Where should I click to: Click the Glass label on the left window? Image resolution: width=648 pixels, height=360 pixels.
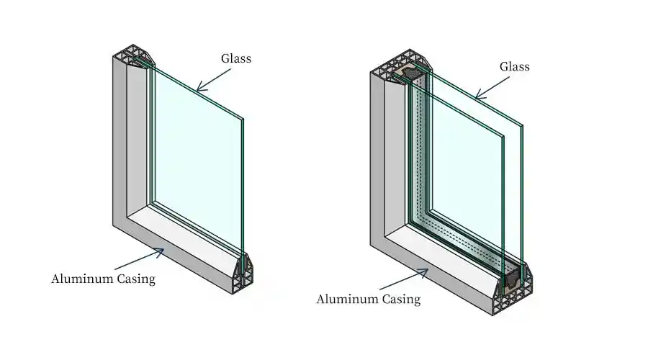(x=235, y=59)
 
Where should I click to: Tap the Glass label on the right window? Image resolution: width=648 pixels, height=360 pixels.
(x=514, y=67)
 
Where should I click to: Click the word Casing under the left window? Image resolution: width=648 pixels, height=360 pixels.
(x=135, y=279)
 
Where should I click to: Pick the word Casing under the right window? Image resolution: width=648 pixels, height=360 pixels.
(x=401, y=299)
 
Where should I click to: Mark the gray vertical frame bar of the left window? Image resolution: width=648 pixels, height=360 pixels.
(x=120, y=144)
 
